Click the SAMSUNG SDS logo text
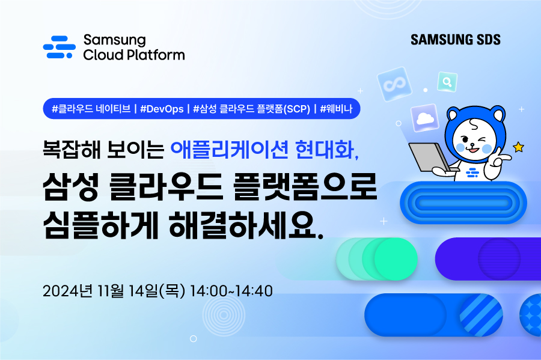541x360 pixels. pyautogui.click(x=456, y=40)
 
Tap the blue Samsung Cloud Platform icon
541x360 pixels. pyautogui.click(x=60, y=47)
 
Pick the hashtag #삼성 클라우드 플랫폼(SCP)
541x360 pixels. pyautogui.click(x=252, y=109)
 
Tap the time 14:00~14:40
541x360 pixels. pyautogui.click(x=231, y=291)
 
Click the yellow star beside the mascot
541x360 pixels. pyautogui.click(x=518, y=147)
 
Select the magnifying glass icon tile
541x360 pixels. pyautogui.click(x=447, y=81)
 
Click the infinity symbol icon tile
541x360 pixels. pyautogui.click(x=394, y=86)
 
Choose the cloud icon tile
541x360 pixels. pyautogui.click(x=425, y=118)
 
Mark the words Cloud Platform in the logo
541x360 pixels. pyautogui.click(x=133, y=55)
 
